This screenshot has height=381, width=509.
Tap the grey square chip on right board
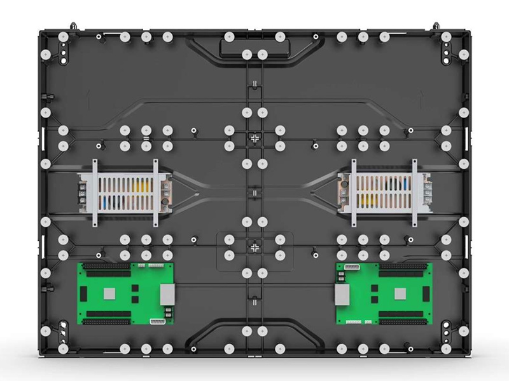click(400, 293)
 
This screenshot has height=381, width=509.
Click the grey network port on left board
click(167, 293)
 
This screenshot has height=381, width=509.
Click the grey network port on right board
click(342, 293)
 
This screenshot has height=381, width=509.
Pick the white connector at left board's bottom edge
click(157, 322)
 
